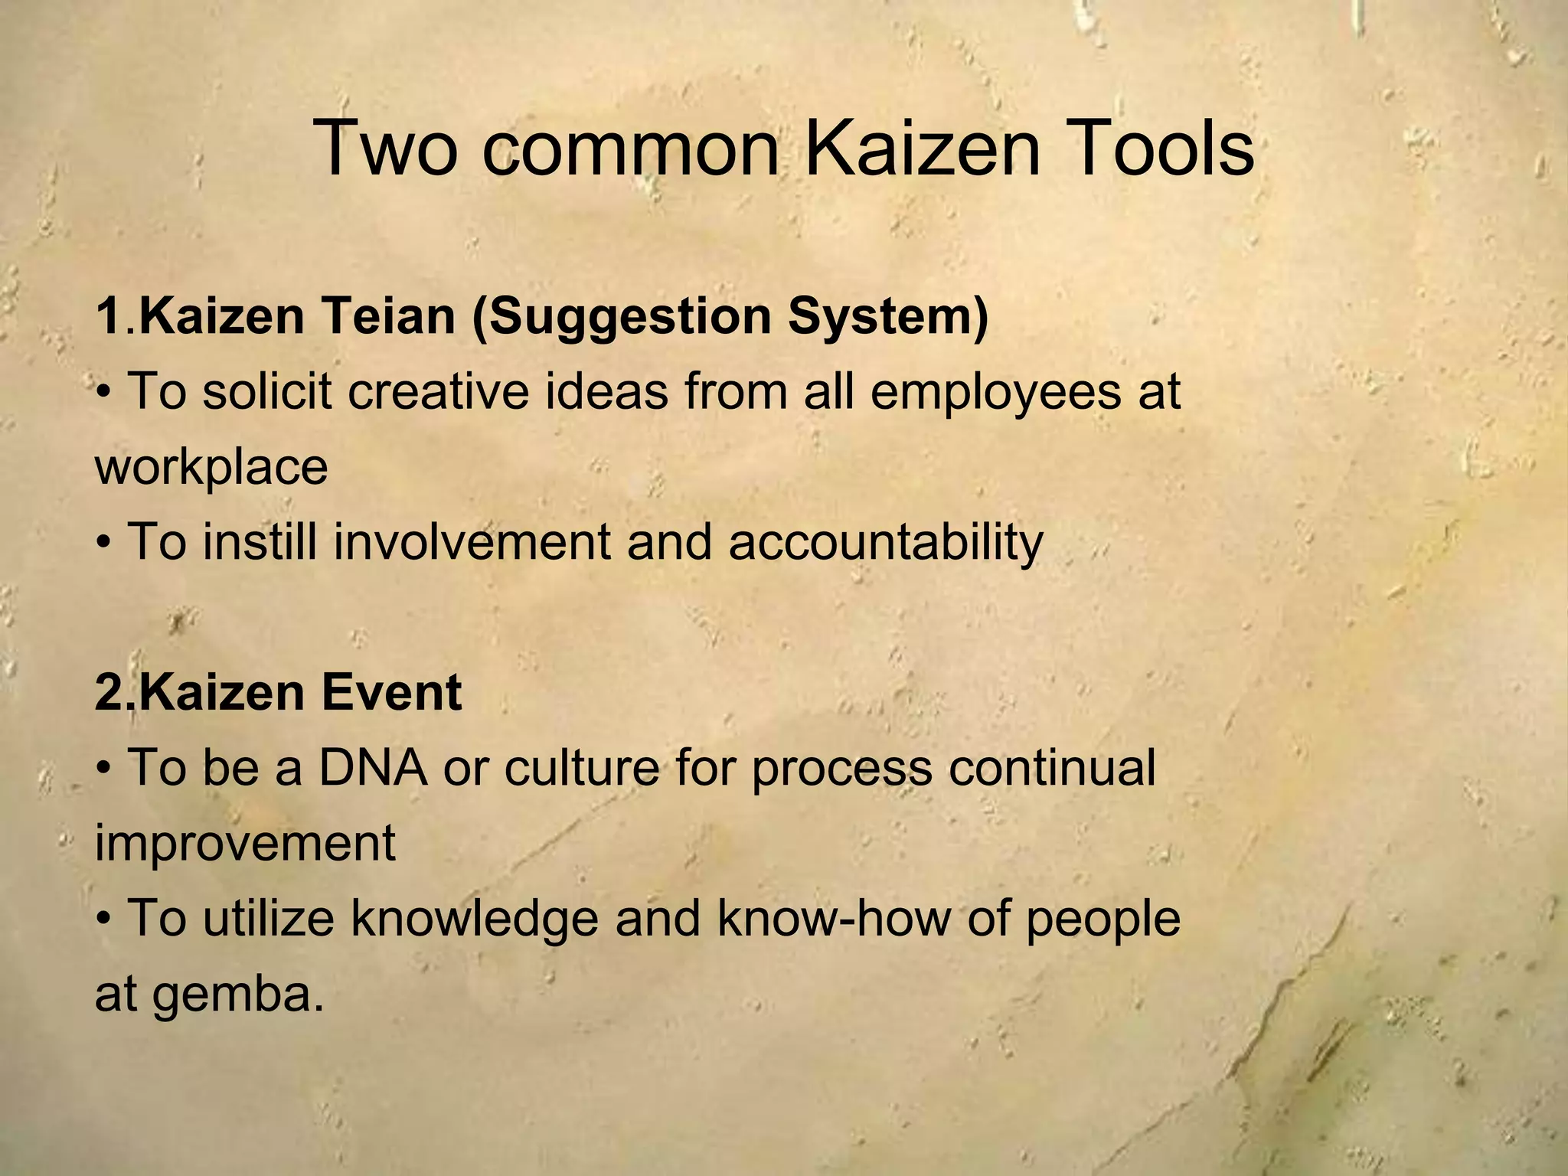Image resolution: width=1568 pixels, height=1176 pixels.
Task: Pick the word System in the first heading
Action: point(889,317)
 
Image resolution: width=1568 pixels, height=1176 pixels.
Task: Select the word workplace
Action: point(211,467)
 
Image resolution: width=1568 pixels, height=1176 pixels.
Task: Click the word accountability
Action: point(886,542)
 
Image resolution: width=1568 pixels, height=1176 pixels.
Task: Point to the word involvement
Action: point(472,542)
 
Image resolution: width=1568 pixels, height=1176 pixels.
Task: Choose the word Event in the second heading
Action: point(391,692)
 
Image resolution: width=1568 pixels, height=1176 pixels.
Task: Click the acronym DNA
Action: point(373,767)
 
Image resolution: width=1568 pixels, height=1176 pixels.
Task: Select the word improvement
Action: point(245,844)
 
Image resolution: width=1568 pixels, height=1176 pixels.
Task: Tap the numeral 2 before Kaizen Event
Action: point(107,692)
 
